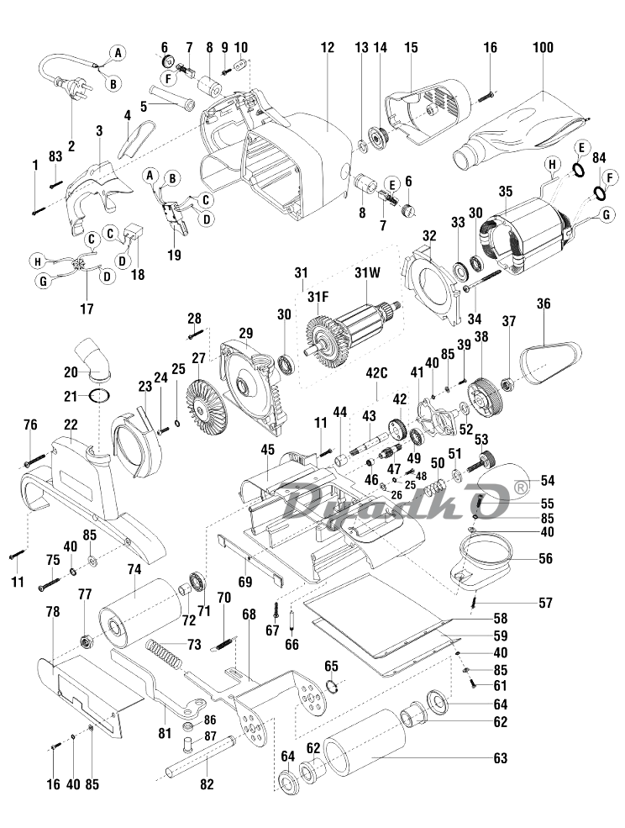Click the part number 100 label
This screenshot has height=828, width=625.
[x=543, y=48]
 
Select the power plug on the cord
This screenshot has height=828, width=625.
[x=66, y=85]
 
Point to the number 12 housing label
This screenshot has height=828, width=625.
[x=328, y=48]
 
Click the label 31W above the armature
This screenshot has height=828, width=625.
[x=368, y=273]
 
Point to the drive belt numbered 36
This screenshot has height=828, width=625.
[x=550, y=362]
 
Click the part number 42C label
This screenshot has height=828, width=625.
[x=377, y=373]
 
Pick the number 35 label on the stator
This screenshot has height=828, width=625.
[x=505, y=191]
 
